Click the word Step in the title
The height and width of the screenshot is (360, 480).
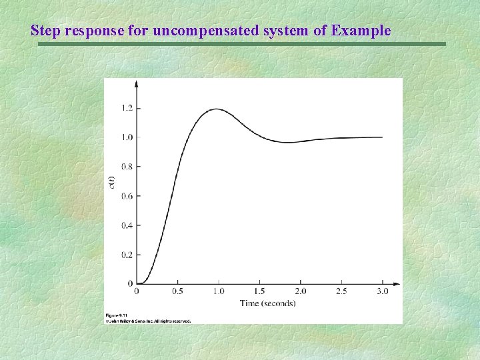[46, 31]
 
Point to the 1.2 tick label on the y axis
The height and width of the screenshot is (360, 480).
[126, 108]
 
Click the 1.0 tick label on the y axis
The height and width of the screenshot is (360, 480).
[126, 137]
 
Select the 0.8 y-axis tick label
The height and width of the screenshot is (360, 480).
[126, 167]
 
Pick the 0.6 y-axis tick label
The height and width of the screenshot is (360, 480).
[126, 196]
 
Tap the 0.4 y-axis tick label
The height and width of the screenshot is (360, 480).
[126, 225]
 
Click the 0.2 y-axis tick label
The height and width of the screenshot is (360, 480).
[126, 255]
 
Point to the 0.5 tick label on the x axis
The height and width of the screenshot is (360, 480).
[178, 291]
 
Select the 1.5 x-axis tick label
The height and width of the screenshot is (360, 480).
[259, 291]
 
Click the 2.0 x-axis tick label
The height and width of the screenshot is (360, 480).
[301, 291]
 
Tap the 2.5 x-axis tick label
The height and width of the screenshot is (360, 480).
[341, 291]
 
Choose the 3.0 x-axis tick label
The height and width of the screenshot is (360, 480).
[382, 291]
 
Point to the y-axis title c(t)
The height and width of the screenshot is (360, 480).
[112, 181]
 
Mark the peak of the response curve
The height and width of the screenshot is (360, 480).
[216, 109]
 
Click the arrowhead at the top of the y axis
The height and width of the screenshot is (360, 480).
[137, 83]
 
